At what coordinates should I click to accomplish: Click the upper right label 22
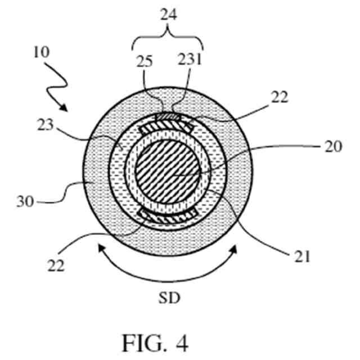278,98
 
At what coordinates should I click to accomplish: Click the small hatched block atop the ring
168,116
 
